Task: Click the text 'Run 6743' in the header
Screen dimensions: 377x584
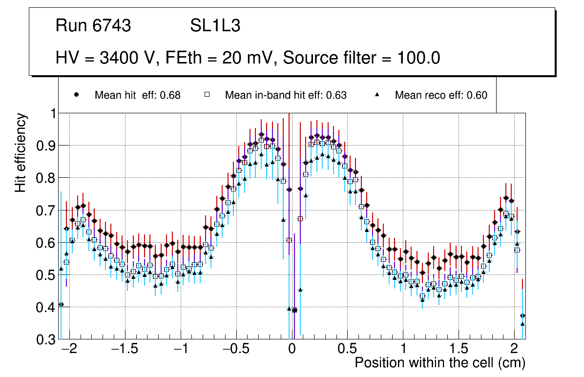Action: pos(93,26)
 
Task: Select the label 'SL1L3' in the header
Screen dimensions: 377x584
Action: pos(215,26)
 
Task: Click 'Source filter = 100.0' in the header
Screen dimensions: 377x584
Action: pos(362,58)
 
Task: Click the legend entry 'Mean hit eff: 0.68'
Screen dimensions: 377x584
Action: pos(137,95)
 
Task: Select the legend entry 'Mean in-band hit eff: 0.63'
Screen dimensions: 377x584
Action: pos(286,95)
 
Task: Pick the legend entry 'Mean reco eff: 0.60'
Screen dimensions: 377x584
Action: pos(440,95)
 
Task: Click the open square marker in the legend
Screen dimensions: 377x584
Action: pos(208,95)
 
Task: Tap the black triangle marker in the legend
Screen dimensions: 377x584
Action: pos(377,95)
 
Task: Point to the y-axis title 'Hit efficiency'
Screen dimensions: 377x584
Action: pos(21,153)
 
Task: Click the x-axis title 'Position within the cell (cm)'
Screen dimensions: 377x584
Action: pos(439,363)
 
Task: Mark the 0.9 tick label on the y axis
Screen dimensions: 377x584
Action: pos(46,146)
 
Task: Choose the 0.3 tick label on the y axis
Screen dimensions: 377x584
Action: pos(46,339)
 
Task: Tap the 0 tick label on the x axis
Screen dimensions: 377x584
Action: pos(292,350)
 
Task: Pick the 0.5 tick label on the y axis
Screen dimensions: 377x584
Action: pos(46,275)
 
